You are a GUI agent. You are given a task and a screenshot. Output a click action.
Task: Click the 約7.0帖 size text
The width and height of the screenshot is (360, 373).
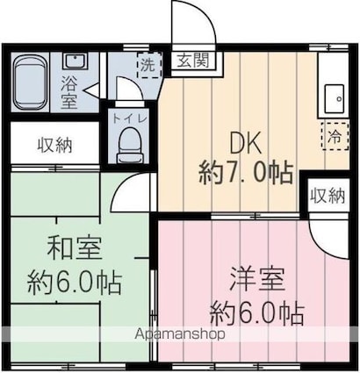247,173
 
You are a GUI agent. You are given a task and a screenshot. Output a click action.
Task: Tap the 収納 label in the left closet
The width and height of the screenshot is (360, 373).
55,146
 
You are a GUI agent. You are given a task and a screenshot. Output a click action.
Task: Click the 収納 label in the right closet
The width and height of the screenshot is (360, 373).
328,195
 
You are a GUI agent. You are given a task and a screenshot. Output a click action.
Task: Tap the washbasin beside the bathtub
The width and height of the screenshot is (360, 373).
75,64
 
